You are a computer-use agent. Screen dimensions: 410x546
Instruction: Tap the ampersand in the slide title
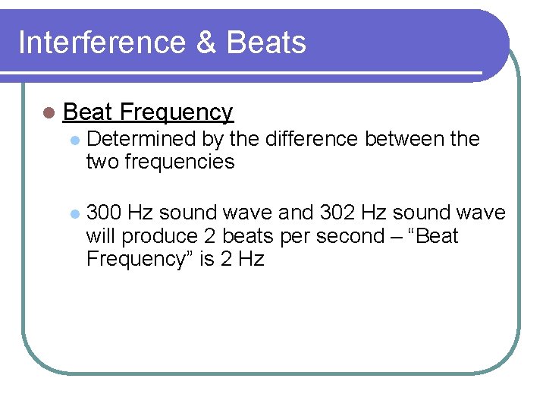204,43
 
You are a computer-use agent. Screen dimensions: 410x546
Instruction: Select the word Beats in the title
266,43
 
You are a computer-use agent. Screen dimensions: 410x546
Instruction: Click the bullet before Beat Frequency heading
49,113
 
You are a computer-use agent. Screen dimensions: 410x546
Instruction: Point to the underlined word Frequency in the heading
176,113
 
